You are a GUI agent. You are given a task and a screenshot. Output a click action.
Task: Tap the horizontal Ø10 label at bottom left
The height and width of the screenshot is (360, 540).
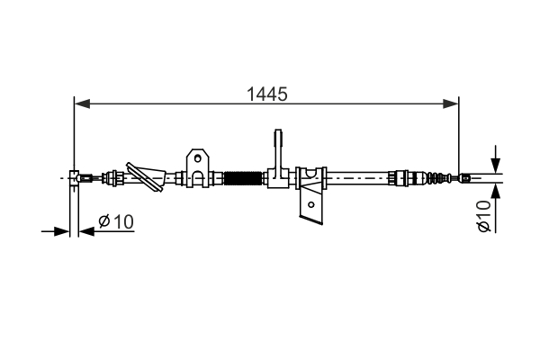pyautogui.click(x=115, y=220)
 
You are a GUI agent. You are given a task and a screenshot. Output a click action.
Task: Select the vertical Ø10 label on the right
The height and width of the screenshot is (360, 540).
pyautogui.click(x=483, y=217)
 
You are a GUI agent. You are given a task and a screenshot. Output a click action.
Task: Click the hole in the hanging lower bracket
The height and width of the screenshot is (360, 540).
pyautogui.click(x=311, y=204)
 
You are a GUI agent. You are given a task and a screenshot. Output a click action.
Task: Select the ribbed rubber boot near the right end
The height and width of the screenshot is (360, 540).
pyautogui.click(x=436, y=178)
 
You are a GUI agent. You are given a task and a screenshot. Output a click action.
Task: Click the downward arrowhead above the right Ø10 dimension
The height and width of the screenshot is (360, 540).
pyautogui.click(x=494, y=161)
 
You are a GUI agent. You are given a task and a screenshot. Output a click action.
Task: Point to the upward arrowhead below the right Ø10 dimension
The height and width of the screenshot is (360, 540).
pyautogui.click(x=494, y=194)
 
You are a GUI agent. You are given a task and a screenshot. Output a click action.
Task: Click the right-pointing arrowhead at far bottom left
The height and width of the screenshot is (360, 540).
pyautogui.click(x=63, y=231)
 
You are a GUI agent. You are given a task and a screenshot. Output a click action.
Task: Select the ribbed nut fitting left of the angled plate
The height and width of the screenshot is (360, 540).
pyautogui.click(x=114, y=177)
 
